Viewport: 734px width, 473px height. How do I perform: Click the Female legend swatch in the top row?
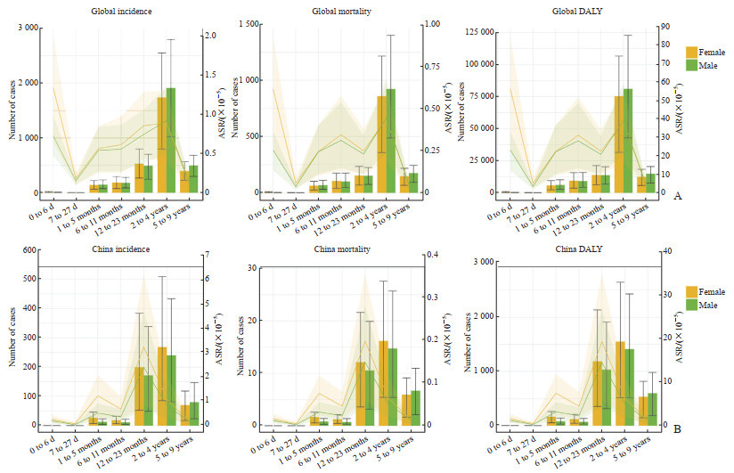tap(695, 52)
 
